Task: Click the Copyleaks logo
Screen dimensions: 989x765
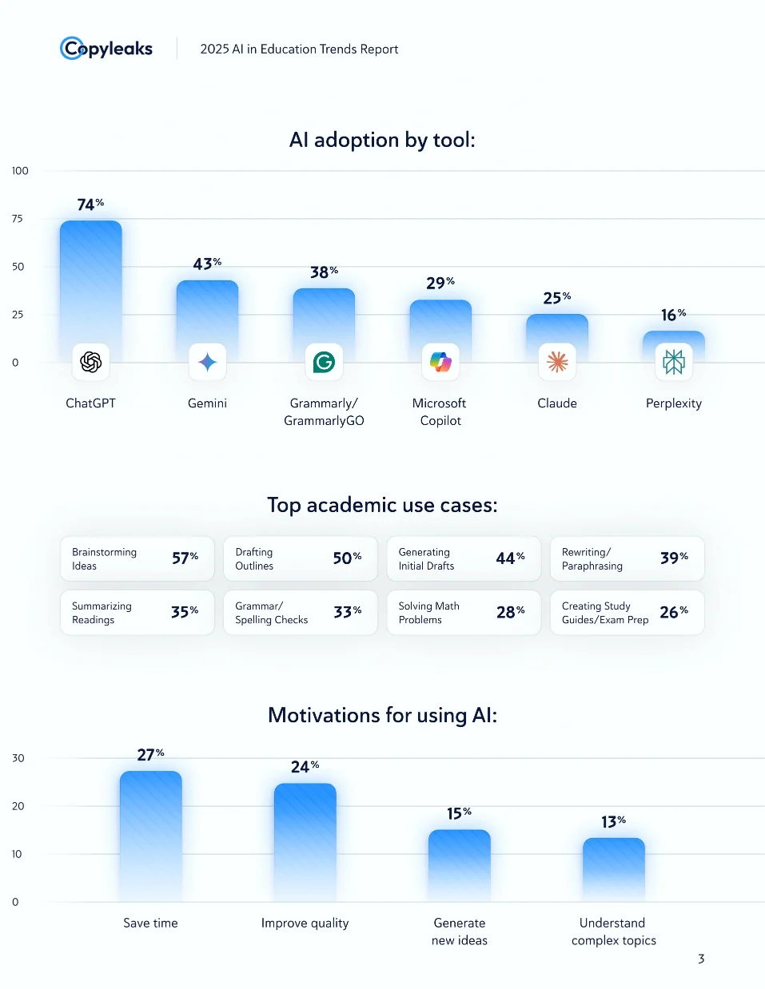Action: click(x=106, y=49)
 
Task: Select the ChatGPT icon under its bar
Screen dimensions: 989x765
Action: click(x=91, y=362)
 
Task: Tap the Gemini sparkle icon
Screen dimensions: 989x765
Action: click(x=208, y=362)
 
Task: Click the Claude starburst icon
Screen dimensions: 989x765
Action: click(x=557, y=362)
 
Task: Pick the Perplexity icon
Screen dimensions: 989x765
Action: click(x=674, y=362)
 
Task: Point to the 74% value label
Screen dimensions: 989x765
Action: click(x=90, y=205)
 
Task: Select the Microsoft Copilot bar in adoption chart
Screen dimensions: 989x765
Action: click(x=440, y=324)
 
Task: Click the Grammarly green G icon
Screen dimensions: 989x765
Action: click(x=324, y=362)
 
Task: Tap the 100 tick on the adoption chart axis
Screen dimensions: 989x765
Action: click(x=20, y=171)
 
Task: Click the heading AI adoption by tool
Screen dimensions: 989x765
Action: click(x=382, y=140)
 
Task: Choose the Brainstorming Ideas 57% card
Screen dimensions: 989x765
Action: click(x=137, y=558)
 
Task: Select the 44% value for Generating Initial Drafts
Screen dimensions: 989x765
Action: click(x=510, y=558)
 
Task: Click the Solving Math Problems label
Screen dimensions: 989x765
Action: click(x=429, y=613)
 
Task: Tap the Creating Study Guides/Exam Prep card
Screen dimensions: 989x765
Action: click(x=627, y=613)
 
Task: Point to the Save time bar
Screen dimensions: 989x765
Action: click(x=150, y=835)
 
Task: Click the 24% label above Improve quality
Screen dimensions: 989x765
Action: click(x=305, y=767)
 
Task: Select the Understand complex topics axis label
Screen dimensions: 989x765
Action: click(x=613, y=931)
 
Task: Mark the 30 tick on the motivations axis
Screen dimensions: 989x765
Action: click(x=18, y=758)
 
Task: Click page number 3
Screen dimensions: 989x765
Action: click(x=701, y=959)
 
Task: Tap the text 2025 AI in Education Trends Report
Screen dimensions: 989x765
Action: click(x=299, y=49)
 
